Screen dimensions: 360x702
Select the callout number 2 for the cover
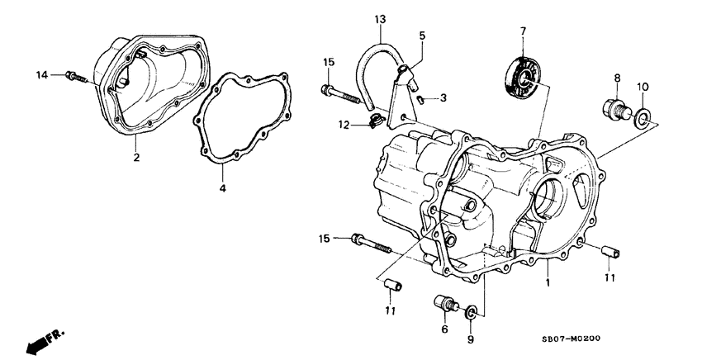[x=136, y=156]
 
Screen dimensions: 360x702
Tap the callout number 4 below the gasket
[x=222, y=189]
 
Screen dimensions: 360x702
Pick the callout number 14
[x=40, y=76]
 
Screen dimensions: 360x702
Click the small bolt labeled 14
[x=74, y=77]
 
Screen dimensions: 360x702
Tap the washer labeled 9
[x=471, y=312]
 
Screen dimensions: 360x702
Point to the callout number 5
[x=422, y=36]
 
